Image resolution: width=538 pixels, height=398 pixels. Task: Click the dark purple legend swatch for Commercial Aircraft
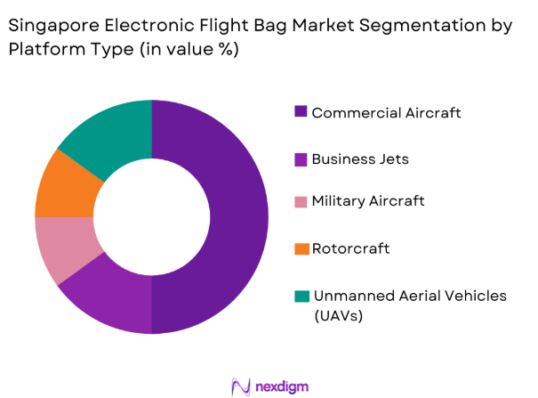pyautogui.click(x=301, y=113)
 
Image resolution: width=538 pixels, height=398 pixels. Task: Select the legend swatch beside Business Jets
pyautogui.click(x=301, y=159)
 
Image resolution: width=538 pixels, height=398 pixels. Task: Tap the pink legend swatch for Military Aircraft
pyautogui.click(x=301, y=202)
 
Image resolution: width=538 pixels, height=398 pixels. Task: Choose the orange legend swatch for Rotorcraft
pyautogui.click(x=301, y=249)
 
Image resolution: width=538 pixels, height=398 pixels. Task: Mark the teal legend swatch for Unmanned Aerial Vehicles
pyautogui.click(x=301, y=296)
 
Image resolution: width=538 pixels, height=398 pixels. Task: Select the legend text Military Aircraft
pyautogui.click(x=368, y=202)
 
